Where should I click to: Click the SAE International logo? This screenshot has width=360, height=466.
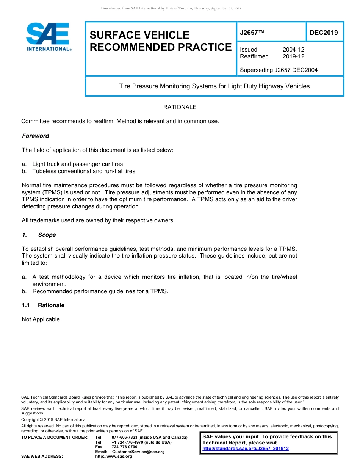(48, 37)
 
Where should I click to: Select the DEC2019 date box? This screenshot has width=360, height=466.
(324, 33)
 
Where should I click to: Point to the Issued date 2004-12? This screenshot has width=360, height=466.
(293, 50)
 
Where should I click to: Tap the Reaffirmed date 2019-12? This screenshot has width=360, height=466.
(293, 56)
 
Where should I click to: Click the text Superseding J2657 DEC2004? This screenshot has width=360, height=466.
(279, 70)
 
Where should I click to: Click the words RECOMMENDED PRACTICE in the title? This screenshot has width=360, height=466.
(160, 47)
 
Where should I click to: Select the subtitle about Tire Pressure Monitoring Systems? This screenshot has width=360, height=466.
(214, 86)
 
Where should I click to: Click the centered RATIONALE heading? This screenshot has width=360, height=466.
(180, 107)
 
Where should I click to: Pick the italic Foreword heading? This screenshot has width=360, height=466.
(35, 136)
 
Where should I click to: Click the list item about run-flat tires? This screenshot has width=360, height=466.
(83, 171)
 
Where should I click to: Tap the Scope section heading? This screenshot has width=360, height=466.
(47, 235)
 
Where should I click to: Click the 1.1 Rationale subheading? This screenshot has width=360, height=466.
(51, 305)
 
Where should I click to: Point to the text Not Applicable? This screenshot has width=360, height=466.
(41, 319)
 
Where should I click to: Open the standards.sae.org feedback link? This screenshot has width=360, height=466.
(246, 449)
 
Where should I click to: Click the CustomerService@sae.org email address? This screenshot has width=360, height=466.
(138, 452)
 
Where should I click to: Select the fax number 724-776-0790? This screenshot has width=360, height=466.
(124, 447)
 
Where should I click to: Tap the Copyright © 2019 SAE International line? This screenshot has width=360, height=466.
(54, 419)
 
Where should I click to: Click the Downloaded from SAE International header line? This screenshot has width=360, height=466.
(171, 8)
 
